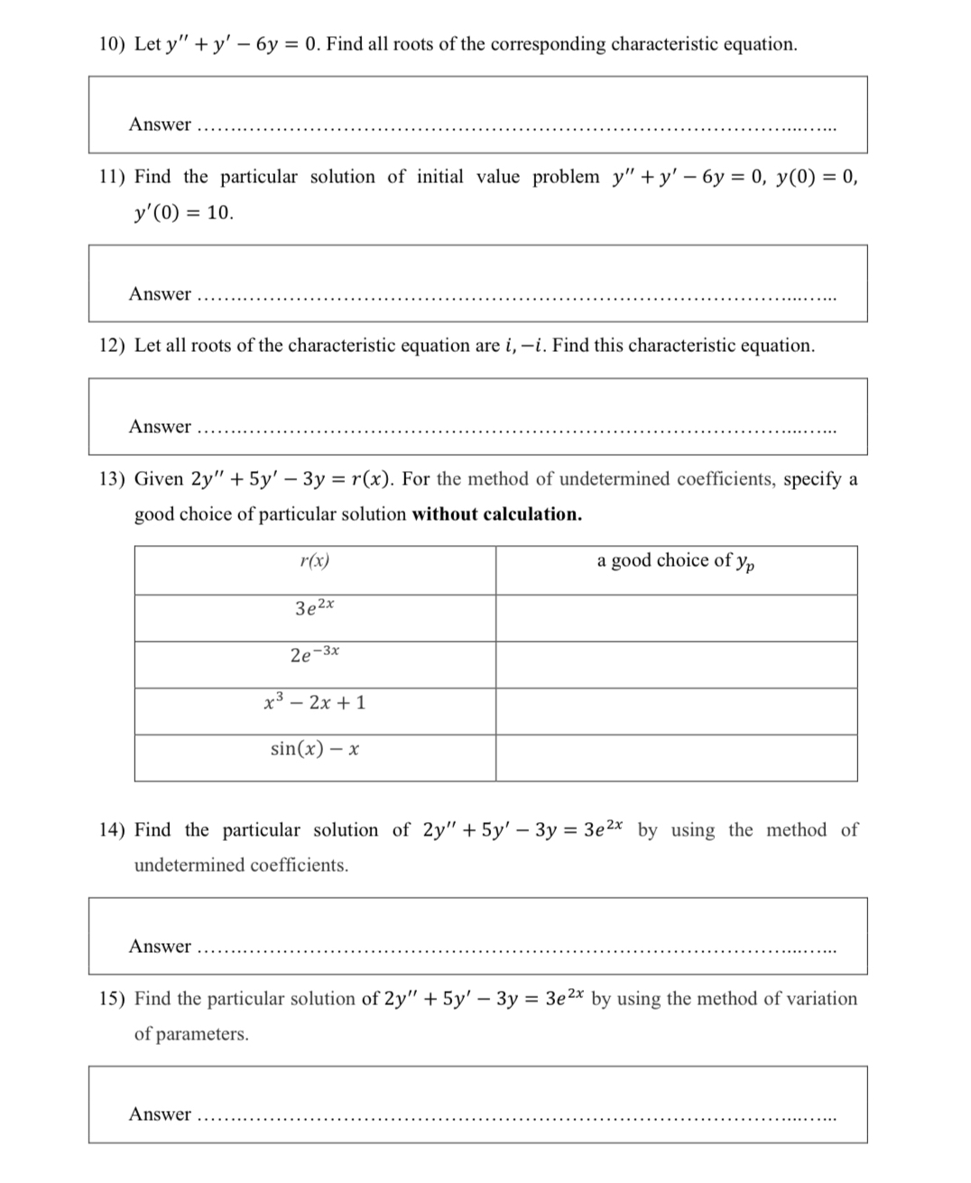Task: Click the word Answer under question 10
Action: click(160, 125)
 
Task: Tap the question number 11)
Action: click(112, 177)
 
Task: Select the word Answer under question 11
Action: click(160, 294)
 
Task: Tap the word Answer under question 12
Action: click(160, 427)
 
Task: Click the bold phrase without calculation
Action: click(496, 514)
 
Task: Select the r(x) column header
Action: click(314, 561)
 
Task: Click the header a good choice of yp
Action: click(676, 561)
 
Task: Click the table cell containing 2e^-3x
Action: click(314, 654)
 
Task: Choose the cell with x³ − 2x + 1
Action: click(314, 702)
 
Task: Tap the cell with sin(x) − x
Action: click(314, 749)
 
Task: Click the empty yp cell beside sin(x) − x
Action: click(676, 758)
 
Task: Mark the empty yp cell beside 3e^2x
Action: click(676, 618)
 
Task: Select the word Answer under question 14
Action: click(160, 947)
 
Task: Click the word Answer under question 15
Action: click(160, 1114)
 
